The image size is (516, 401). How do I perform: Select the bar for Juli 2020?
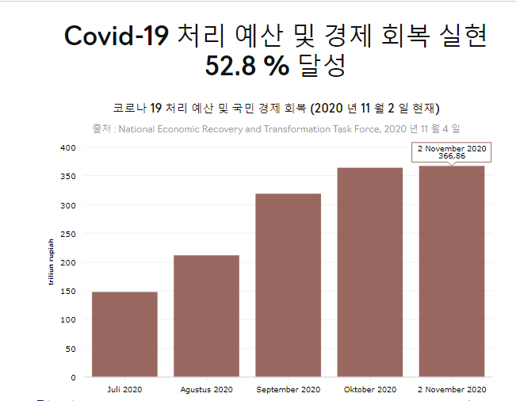[x=124, y=334]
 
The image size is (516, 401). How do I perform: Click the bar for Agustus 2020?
[x=206, y=315]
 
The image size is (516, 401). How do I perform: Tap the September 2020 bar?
[x=288, y=285]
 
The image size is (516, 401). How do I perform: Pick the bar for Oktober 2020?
[x=369, y=272]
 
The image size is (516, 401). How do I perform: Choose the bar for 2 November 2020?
[x=452, y=271]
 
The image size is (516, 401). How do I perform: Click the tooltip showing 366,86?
[x=452, y=152]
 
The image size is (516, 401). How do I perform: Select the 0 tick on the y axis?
[x=73, y=377]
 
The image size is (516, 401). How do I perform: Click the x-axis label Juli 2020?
[x=124, y=390]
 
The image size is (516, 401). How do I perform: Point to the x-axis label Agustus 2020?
[x=206, y=390]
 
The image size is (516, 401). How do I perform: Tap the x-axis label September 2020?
[x=288, y=390]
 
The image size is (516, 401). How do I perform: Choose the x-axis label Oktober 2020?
[x=369, y=390]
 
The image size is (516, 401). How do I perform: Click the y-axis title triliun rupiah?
[x=52, y=262]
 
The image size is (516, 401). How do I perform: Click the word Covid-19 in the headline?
[x=116, y=36]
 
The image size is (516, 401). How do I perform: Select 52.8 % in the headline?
[x=247, y=67]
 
